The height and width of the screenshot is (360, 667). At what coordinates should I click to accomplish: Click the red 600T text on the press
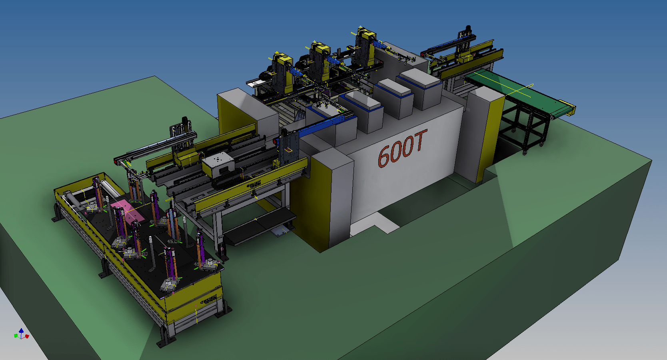coord(402,148)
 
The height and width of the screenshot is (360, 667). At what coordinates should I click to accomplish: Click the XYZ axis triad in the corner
coord(21,334)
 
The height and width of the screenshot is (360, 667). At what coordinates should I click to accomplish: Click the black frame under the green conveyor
coord(524,128)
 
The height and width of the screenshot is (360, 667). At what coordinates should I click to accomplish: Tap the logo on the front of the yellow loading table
coord(208,300)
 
